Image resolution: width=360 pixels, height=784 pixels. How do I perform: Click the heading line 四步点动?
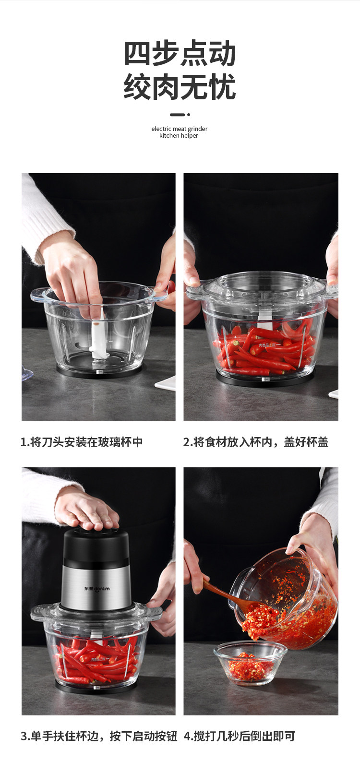(180, 53)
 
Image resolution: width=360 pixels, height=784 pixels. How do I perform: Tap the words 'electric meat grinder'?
(180, 129)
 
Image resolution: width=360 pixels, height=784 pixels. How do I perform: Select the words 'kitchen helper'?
(179, 135)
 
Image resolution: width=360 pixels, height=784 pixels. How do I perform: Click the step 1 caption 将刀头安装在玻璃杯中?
(86, 442)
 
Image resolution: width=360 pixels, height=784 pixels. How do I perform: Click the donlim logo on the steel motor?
(97, 588)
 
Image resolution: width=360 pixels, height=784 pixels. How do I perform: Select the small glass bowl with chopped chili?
(250, 663)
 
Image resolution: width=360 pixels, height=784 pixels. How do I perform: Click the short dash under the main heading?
(177, 115)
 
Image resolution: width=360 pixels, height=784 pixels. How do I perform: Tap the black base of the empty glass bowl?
(99, 370)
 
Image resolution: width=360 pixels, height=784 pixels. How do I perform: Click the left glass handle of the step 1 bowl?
(39, 296)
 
